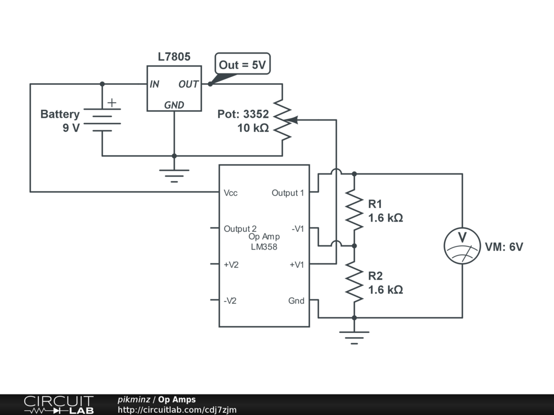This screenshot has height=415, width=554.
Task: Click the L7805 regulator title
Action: tap(174, 56)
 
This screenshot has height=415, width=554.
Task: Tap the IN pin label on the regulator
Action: tap(154, 84)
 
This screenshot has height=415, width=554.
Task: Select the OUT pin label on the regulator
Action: tap(188, 84)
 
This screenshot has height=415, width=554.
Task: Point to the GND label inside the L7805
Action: tap(174, 105)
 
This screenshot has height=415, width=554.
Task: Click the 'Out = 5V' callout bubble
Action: tap(242, 64)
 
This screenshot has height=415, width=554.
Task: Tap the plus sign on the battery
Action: tap(111, 103)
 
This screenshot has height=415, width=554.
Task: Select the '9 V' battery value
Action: tap(71, 128)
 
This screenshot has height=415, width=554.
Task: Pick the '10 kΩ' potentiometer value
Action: tap(253, 128)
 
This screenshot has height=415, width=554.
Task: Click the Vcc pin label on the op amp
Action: tap(230, 193)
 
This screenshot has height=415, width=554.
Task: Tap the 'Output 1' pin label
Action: tap(288, 193)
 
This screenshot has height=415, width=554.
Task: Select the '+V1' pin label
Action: tap(297, 265)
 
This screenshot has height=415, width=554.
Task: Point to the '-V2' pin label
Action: tap(230, 300)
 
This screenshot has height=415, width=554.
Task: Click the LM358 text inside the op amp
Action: tap(264, 246)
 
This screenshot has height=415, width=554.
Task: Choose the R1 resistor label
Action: tap(375, 204)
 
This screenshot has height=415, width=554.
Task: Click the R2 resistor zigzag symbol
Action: tap(354, 282)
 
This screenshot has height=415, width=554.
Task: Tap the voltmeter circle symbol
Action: tap(462, 246)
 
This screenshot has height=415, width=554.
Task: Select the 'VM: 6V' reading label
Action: tap(504, 246)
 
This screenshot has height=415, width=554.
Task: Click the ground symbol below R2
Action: tap(354, 337)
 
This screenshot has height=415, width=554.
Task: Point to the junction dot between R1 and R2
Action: tap(354, 246)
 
